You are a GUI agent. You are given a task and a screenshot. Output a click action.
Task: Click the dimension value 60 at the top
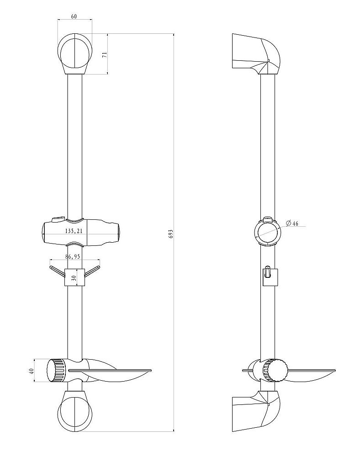tap(74, 16)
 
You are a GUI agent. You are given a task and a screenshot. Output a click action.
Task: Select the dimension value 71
tap(105, 54)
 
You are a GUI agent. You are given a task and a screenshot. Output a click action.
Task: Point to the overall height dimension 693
tap(171, 234)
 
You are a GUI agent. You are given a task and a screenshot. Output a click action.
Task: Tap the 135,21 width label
tap(74, 231)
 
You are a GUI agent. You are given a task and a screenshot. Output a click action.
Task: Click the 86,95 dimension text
tap(73, 256)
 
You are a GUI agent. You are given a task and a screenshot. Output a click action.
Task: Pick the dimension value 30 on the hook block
tap(74, 277)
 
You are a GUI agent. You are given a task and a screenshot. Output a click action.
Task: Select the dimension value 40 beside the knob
tap(32, 371)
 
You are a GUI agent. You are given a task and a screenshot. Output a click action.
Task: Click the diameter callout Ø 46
tap(292, 223)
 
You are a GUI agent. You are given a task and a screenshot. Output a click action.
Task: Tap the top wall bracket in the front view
tap(75, 54)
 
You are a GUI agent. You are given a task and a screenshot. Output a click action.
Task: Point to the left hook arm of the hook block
tap(58, 271)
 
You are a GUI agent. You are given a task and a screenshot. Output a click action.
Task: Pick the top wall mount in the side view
tap(256, 54)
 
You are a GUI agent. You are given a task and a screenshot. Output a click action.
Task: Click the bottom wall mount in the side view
tap(256, 411)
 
